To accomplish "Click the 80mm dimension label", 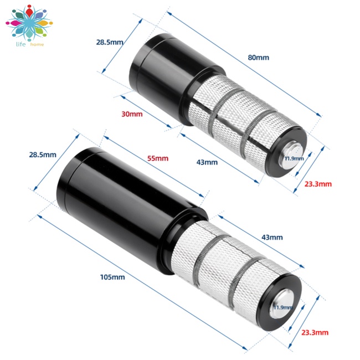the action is [x=258, y=58].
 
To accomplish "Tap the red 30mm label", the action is [x=132, y=114].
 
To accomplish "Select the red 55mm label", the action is [x=158, y=158].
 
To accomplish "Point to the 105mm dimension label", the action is [x=112, y=277].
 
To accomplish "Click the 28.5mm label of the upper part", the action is [x=110, y=42].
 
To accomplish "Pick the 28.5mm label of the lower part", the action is [x=43, y=155].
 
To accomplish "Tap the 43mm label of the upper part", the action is [x=207, y=162].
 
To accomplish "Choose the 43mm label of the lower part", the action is [x=272, y=237].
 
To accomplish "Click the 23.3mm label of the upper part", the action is [x=318, y=184].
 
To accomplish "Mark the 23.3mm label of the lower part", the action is [x=315, y=332].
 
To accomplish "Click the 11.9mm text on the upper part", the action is [x=294, y=158].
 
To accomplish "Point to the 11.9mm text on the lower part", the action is [x=283, y=307].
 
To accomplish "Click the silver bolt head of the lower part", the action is [x=281, y=304].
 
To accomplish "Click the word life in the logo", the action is [x=20, y=44].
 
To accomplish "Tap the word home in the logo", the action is [x=37, y=44].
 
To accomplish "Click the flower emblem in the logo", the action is [x=29, y=23].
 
